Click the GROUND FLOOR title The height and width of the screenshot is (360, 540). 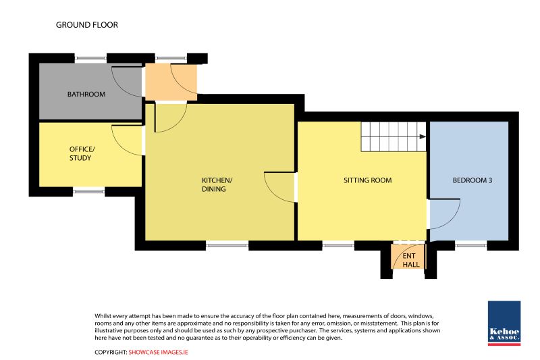pyautogui.click(x=87, y=25)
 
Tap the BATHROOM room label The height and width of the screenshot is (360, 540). pyautogui.click(x=86, y=95)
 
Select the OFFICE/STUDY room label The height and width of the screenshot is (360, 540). pyautogui.click(x=82, y=153)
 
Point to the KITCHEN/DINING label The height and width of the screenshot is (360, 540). pyautogui.click(x=217, y=184)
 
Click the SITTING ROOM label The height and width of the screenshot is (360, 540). pyautogui.click(x=367, y=180)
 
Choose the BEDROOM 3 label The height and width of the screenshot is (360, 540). pyautogui.click(x=472, y=180)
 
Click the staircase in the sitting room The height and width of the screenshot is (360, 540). pyautogui.click(x=394, y=136)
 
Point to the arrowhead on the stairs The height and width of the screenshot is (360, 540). pyautogui.click(x=423, y=136)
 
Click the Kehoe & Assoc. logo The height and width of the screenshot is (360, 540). pyautogui.click(x=504, y=323)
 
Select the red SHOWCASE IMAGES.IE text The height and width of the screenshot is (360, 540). pyautogui.click(x=159, y=352)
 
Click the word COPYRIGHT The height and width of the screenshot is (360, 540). pyautogui.click(x=111, y=352)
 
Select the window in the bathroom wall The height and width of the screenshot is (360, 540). pyautogui.click(x=90, y=58)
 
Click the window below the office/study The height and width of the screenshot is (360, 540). pyautogui.click(x=89, y=191)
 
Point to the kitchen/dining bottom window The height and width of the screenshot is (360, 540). pyautogui.click(x=227, y=245)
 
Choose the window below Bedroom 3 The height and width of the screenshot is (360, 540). pyautogui.click(x=470, y=245)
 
